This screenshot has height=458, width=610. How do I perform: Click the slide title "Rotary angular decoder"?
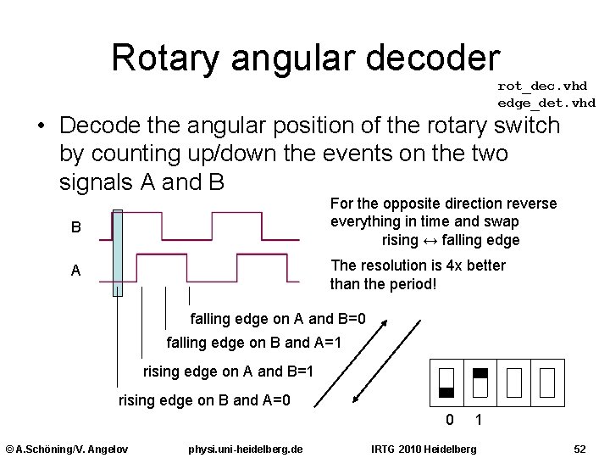click(306, 58)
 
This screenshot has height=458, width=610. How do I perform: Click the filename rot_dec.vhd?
click(542, 86)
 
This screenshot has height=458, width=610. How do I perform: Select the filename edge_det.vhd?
click(546, 103)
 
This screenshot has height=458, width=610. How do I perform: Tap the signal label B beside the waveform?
click(76, 228)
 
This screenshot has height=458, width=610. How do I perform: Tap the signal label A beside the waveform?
click(76, 271)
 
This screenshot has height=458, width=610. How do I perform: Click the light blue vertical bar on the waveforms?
click(118, 253)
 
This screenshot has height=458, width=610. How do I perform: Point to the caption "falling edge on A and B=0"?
click(278, 320)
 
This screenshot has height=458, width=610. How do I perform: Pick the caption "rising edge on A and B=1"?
click(229, 371)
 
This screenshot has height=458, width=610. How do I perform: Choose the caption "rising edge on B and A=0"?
click(205, 399)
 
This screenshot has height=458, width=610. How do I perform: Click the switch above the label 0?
click(447, 382)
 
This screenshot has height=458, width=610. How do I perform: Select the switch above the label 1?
click(480, 382)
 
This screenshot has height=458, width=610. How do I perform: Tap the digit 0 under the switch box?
click(450, 420)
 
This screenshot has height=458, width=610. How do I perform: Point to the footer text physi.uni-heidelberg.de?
click(247, 448)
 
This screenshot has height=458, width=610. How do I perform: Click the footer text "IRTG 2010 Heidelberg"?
click(424, 448)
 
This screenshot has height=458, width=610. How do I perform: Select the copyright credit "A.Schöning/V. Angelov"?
click(67, 448)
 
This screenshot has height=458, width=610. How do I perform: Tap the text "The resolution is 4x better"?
click(418, 265)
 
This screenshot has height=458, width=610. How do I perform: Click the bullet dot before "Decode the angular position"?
click(41, 127)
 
